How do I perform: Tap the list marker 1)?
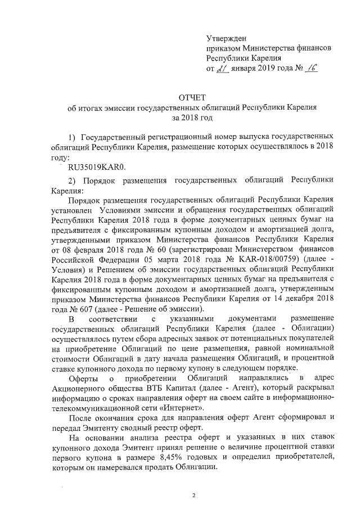(x=71, y=137)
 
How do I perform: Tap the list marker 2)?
(x=71, y=180)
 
